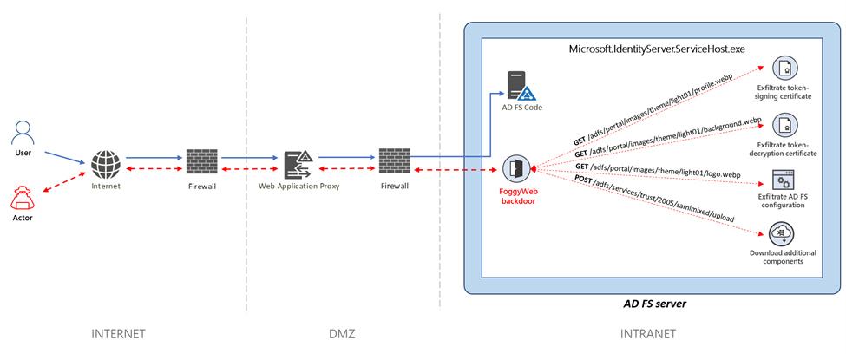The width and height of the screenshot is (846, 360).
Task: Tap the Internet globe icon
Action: [107, 163]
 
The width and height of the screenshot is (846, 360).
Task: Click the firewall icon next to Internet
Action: [201, 162]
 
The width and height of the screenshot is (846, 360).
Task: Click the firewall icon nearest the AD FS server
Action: [395, 162]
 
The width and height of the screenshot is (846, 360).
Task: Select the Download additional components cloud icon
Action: [784, 233]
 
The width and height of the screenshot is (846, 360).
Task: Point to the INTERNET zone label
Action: [118, 334]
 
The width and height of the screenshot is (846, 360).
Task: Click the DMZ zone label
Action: [343, 334]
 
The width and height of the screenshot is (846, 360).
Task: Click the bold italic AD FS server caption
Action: [654, 305]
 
